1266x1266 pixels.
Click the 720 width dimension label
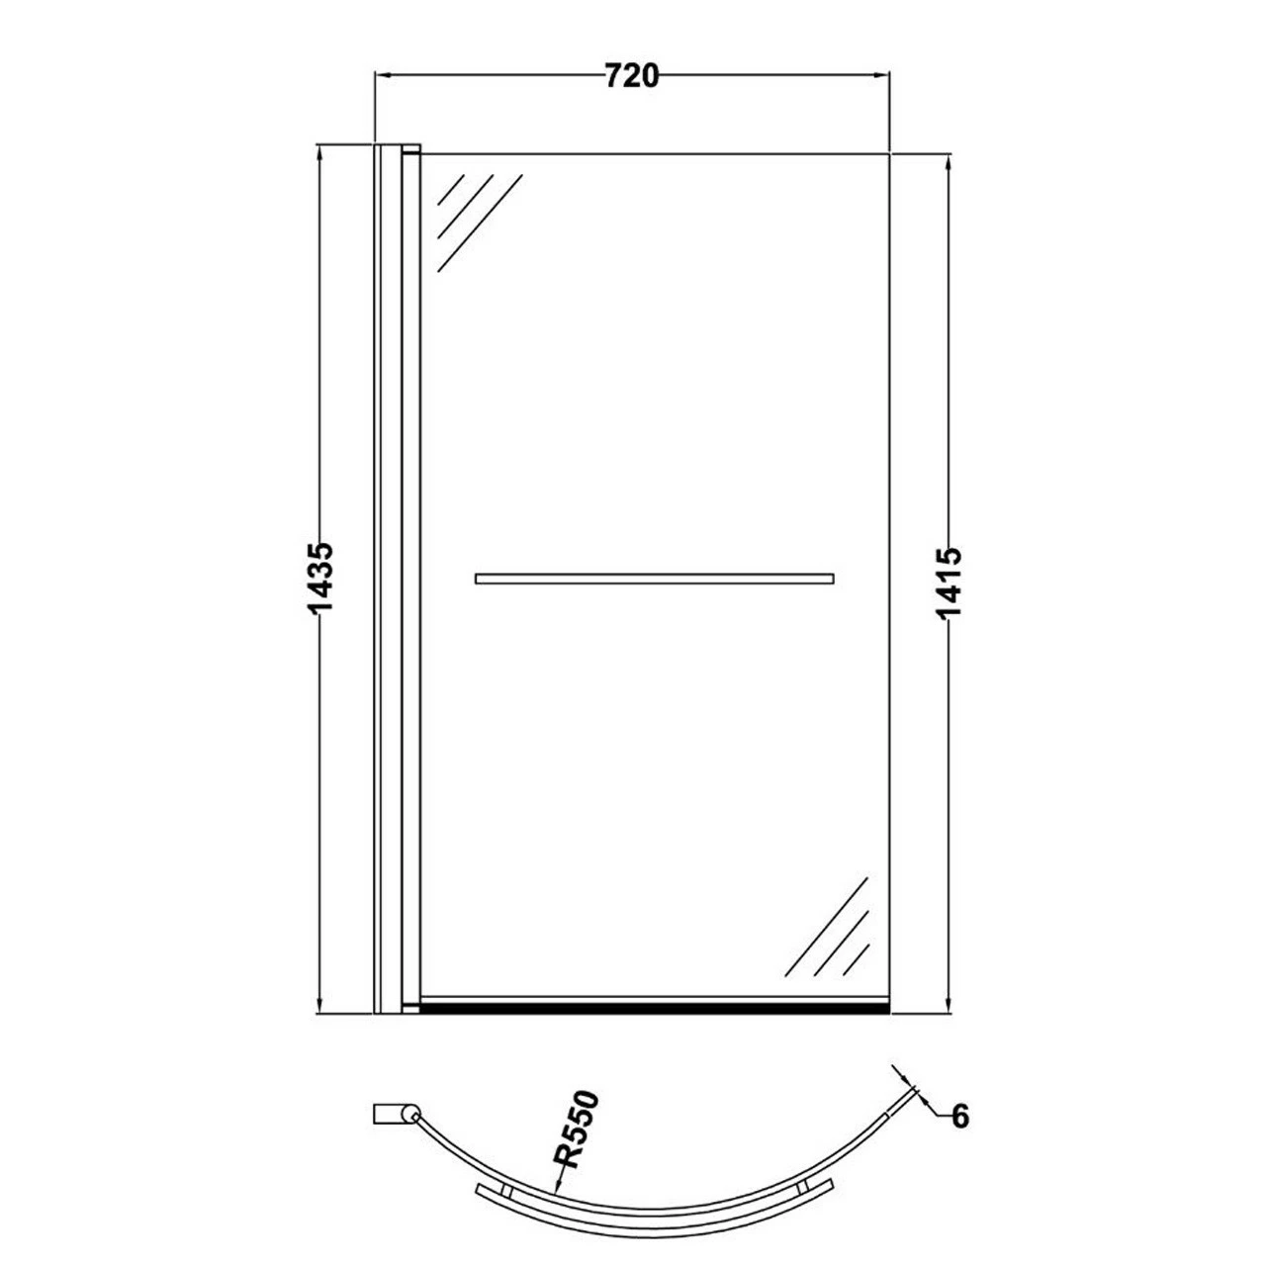click(631, 75)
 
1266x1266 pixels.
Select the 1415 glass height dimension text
click(949, 584)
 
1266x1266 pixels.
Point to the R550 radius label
click(576, 1129)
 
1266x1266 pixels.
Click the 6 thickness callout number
click(960, 1117)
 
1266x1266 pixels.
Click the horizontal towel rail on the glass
click(654, 579)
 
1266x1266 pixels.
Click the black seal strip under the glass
click(654, 1008)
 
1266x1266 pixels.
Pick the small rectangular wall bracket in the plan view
click(388, 1114)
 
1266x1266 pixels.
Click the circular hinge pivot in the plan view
click(408, 1115)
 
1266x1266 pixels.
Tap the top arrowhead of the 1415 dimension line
click(949, 164)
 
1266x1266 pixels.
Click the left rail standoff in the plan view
click(504, 1191)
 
